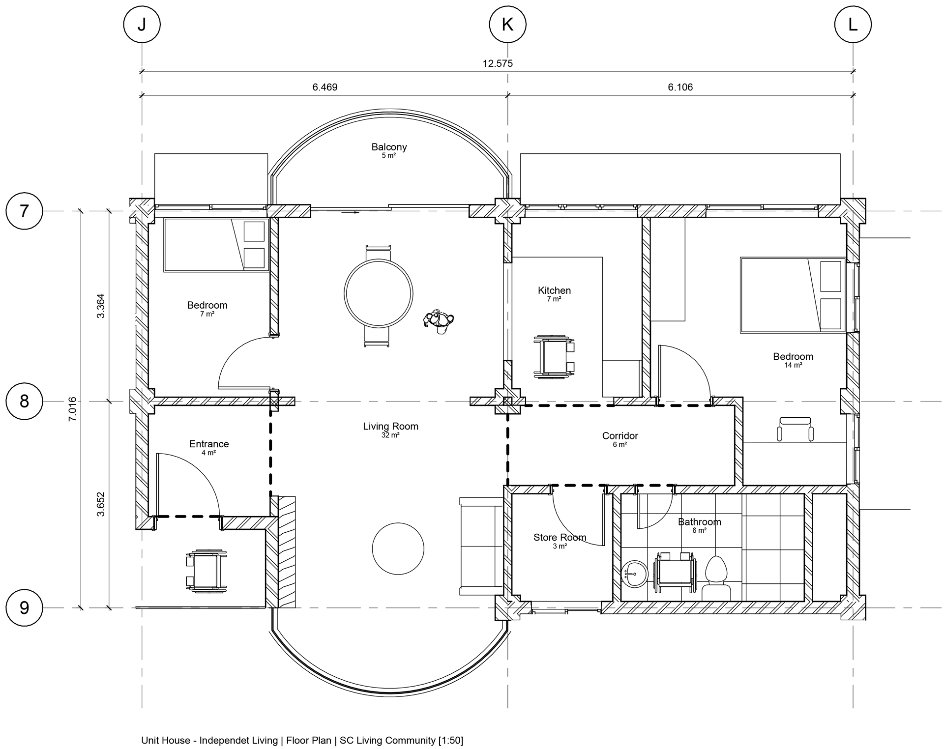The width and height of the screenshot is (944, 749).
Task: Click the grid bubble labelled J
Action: click(142, 24)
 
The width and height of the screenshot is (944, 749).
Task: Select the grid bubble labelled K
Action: click(507, 24)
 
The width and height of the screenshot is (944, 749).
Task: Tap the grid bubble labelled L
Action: click(853, 24)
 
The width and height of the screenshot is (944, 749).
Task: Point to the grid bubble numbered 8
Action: click(24, 401)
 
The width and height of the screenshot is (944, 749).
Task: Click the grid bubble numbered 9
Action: click(24, 608)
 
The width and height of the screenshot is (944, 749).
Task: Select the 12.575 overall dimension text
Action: click(498, 63)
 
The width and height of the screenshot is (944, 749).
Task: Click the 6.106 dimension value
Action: click(680, 87)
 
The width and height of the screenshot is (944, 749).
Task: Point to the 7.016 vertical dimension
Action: click(73, 409)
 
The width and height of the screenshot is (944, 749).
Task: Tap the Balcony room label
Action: click(389, 147)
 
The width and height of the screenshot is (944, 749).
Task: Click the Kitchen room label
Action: click(554, 290)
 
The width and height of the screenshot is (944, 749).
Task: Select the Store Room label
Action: click(560, 538)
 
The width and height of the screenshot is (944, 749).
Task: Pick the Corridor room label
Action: click(620, 436)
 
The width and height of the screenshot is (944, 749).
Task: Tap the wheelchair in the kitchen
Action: click(554, 357)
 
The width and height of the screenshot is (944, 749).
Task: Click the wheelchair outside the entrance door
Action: click(206, 571)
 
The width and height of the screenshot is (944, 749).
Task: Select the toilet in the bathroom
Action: click(716, 577)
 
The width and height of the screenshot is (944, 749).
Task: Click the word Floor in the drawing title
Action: click(298, 740)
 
